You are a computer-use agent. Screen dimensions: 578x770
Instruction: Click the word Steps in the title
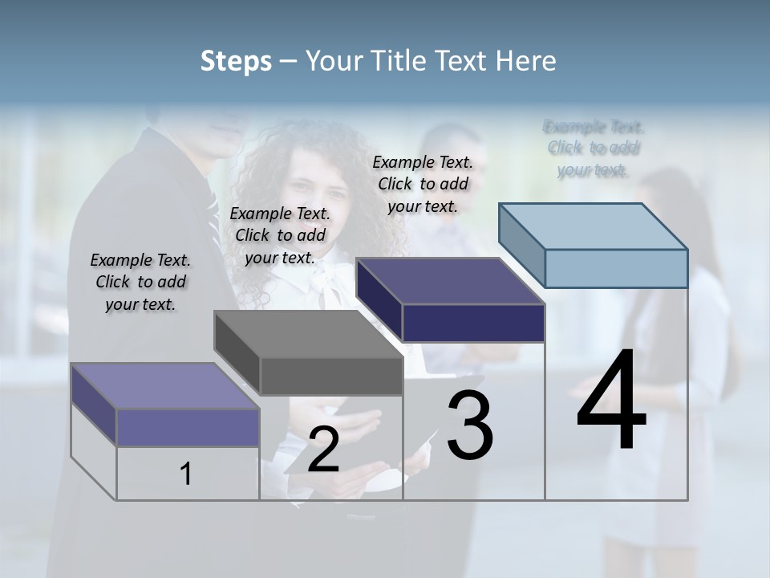click(235, 61)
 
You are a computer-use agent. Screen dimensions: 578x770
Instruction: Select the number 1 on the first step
click(186, 474)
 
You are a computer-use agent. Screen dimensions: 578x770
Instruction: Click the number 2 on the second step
click(323, 450)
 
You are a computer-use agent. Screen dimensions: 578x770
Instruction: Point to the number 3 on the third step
click(470, 425)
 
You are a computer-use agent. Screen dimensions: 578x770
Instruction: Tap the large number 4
click(611, 401)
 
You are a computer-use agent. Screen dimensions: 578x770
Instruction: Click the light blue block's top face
click(594, 226)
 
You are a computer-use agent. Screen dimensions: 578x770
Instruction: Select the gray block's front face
click(331, 376)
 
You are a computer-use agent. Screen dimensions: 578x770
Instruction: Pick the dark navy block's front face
click(473, 323)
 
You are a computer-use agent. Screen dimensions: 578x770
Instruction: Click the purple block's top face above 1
click(165, 386)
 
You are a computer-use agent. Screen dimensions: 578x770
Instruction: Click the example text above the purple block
click(140, 282)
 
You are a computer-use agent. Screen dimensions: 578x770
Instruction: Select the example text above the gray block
click(280, 235)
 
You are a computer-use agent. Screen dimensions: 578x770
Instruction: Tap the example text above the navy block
click(423, 184)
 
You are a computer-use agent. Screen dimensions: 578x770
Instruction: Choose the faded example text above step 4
click(594, 148)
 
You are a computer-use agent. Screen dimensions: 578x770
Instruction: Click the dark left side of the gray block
click(237, 352)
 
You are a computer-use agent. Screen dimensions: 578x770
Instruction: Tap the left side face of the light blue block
click(522, 245)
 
